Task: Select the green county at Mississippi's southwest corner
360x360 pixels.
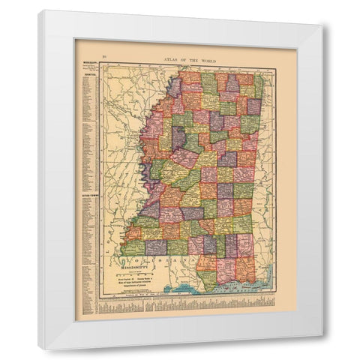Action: (x=133, y=247)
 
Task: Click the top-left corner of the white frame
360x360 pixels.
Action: (x=39, y=10)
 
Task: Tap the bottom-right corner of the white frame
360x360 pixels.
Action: (x=323, y=350)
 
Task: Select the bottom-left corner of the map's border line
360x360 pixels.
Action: (x=101, y=298)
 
